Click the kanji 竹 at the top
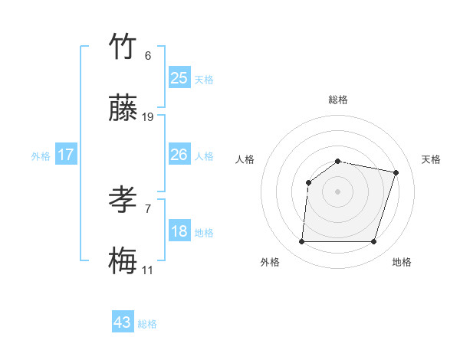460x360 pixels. pyautogui.click(x=123, y=47)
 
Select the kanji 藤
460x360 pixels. pyautogui.click(x=123, y=109)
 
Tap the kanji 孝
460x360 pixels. pyautogui.click(x=123, y=201)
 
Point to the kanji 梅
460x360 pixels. pyautogui.click(x=123, y=261)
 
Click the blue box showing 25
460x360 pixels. pyautogui.click(x=179, y=77)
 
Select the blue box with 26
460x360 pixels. pyautogui.click(x=179, y=155)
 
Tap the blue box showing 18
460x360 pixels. pyautogui.click(x=179, y=231)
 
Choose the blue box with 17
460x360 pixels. pyautogui.click(x=66, y=155)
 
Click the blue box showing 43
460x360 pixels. pyautogui.click(x=123, y=322)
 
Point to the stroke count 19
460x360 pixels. pyautogui.click(x=148, y=117)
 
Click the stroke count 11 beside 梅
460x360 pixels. pyautogui.click(x=148, y=270)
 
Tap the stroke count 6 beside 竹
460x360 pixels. pyautogui.click(x=148, y=56)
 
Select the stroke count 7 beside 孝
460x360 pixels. pyautogui.click(x=148, y=208)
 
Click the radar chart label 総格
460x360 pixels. pyautogui.click(x=338, y=100)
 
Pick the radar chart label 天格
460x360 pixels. pyautogui.click(x=431, y=159)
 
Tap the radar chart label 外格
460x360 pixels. pyautogui.click(x=270, y=262)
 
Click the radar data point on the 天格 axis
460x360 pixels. pyautogui.click(x=396, y=172)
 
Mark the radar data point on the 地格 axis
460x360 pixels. pyautogui.click(x=373, y=242)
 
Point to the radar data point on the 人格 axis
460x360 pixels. pyautogui.click(x=308, y=182)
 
